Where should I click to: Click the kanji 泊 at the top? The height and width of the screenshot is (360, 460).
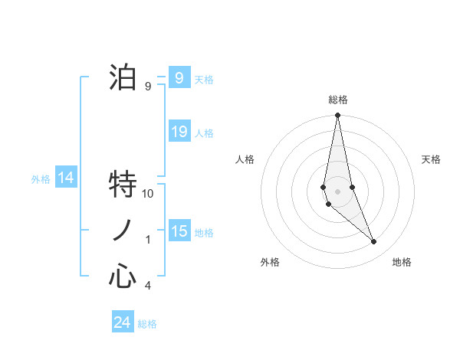[x=123, y=77]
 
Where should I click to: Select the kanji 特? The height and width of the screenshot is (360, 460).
[x=123, y=184]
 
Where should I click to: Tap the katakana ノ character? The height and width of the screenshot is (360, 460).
[x=123, y=230]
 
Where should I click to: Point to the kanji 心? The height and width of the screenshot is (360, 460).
[x=123, y=276]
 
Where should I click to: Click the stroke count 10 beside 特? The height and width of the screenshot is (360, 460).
[x=148, y=194]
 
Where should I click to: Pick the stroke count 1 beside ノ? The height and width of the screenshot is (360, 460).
[x=148, y=240]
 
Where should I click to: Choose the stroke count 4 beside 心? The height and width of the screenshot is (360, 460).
[x=148, y=286]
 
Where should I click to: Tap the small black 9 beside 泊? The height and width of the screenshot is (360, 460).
[x=148, y=87]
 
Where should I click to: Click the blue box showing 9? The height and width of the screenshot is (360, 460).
[x=179, y=77]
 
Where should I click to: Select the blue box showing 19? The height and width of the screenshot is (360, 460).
[x=179, y=132]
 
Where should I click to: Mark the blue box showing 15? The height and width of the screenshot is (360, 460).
[x=179, y=231]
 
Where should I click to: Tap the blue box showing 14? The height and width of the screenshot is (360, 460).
[x=66, y=178]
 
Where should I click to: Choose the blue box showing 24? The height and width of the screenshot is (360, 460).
[x=122, y=322]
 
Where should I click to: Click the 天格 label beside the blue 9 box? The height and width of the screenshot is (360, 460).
[x=204, y=79]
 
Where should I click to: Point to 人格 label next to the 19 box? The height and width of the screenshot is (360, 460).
[x=204, y=133]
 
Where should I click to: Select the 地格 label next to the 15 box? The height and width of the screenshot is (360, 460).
[x=204, y=233]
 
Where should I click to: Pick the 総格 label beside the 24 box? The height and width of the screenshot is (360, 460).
[x=147, y=324]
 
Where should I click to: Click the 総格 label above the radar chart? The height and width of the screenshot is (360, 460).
[x=337, y=100]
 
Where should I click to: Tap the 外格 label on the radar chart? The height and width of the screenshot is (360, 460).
[x=270, y=262]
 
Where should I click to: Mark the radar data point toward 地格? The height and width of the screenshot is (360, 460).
[x=374, y=242]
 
